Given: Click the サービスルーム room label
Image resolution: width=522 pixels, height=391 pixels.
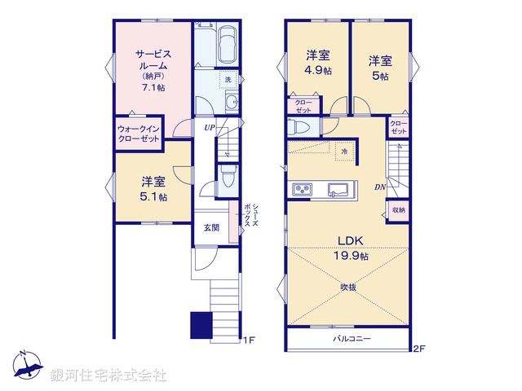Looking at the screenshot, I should tap(152, 61).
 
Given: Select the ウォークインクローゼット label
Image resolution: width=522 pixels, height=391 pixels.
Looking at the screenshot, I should tap(139, 134).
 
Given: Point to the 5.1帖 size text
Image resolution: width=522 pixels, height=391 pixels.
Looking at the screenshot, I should tap(153, 197).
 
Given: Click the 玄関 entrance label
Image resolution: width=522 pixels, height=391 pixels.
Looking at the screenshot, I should tap(211, 228).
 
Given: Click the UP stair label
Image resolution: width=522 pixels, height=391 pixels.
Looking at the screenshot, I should tap(210, 128).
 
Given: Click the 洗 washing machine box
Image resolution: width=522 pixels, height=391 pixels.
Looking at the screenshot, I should tap(228, 80).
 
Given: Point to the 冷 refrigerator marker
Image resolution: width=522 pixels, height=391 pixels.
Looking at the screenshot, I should tap(344, 152).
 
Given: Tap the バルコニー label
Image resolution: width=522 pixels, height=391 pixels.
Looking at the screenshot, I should tap(352, 337).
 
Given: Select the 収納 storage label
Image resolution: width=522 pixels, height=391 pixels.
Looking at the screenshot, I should tap(398, 209).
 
